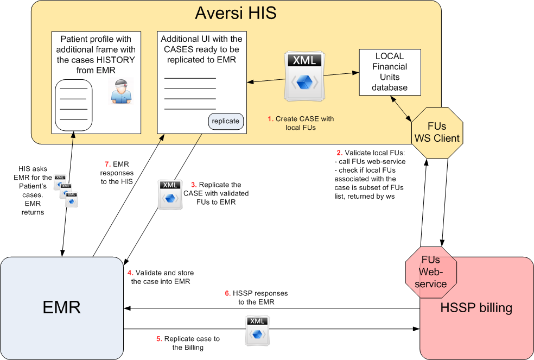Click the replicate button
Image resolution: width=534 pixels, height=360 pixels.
(x=226, y=121)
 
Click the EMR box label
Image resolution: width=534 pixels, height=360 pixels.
(x=61, y=307)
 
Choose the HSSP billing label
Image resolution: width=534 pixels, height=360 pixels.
(x=476, y=308)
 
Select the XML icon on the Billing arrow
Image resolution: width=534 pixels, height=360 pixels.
(x=257, y=331)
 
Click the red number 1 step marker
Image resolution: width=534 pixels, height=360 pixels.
(x=270, y=118)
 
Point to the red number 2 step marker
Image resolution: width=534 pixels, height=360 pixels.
(x=339, y=153)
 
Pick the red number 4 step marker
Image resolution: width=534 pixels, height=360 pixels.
(x=130, y=272)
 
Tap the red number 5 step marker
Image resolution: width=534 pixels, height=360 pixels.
(x=159, y=338)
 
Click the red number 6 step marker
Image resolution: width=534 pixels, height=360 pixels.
(x=227, y=293)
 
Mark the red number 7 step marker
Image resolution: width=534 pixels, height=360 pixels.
(x=107, y=163)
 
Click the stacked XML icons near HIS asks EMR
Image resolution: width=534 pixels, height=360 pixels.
(x=65, y=190)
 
